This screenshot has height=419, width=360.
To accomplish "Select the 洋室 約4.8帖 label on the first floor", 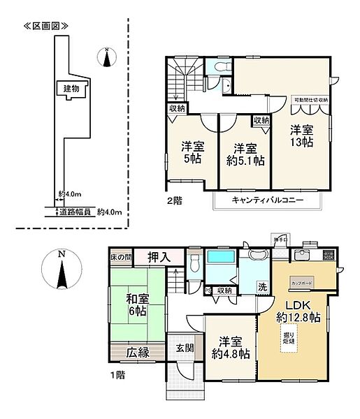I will (231, 348).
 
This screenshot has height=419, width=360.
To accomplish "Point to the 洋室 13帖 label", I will (301, 135).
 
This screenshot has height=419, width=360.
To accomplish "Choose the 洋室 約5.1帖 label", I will (244, 154).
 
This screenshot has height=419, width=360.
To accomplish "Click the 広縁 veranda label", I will (138, 353).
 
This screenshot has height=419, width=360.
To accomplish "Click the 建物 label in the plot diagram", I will (71, 89).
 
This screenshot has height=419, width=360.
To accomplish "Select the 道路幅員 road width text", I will (75, 211).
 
